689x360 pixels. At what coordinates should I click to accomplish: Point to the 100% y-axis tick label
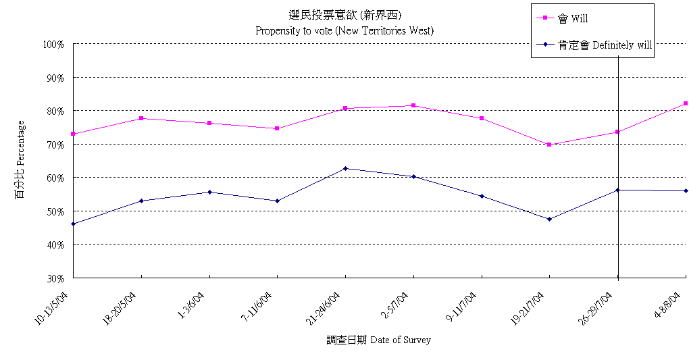point(53,45)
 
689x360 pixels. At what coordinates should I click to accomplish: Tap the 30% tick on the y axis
point(55,278)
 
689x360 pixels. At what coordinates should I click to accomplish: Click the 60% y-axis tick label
point(55,178)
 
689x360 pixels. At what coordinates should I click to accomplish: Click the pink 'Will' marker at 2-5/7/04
point(413,105)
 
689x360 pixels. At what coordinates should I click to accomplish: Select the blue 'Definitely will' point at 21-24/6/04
point(345,168)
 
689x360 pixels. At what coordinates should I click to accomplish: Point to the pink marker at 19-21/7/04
point(549,145)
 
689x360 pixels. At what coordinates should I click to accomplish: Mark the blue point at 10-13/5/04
point(73,224)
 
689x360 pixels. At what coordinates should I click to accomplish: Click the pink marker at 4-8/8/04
point(685,103)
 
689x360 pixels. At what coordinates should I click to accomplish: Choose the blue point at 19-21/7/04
point(549,219)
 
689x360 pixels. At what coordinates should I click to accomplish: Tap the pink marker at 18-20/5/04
point(141,118)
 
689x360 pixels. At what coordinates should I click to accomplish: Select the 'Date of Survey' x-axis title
point(378,340)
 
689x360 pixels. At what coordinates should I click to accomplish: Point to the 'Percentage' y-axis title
point(20,161)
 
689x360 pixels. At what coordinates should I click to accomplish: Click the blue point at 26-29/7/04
point(617,190)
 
